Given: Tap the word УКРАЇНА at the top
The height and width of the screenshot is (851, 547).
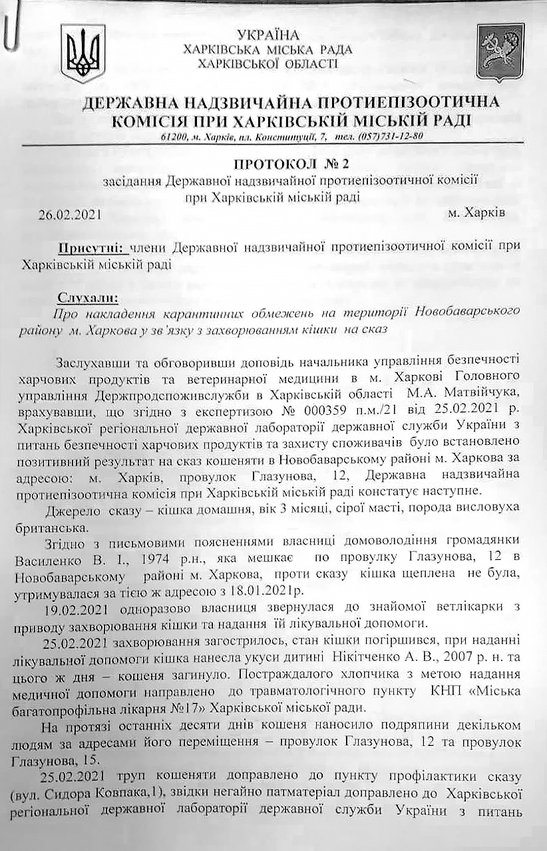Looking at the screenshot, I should coord(268,35).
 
